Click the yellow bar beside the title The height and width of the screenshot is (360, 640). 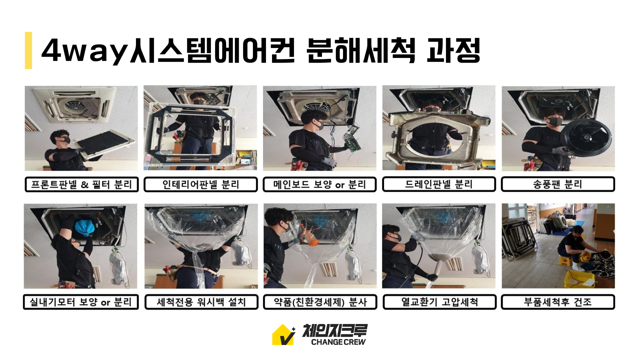pyautogui.click(x=28, y=50)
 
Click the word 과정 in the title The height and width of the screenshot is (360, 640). pyautogui.click(x=453, y=50)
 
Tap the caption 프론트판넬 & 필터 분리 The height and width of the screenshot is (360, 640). pyautogui.click(x=82, y=184)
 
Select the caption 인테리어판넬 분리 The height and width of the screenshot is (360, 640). pyautogui.click(x=201, y=184)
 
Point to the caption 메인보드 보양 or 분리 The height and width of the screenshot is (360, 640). pyautogui.click(x=320, y=184)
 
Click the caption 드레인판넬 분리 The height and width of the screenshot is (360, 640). pyautogui.click(x=439, y=184)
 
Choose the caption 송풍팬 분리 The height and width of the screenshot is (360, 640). pyautogui.click(x=558, y=184)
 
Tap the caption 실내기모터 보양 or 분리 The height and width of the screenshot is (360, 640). pyautogui.click(x=81, y=302)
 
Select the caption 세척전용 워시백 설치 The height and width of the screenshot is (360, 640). pyautogui.click(x=201, y=302)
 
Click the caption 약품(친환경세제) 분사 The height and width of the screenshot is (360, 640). pyautogui.click(x=320, y=302)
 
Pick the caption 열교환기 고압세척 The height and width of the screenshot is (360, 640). pyautogui.click(x=439, y=302)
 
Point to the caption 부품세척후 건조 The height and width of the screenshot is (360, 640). pyautogui.click(x=558, y=302)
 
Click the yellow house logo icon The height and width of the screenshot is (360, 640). pyautogui.click(x=283, y=335)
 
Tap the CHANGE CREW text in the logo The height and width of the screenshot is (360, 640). pyautogui.click(x=338, y=342)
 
